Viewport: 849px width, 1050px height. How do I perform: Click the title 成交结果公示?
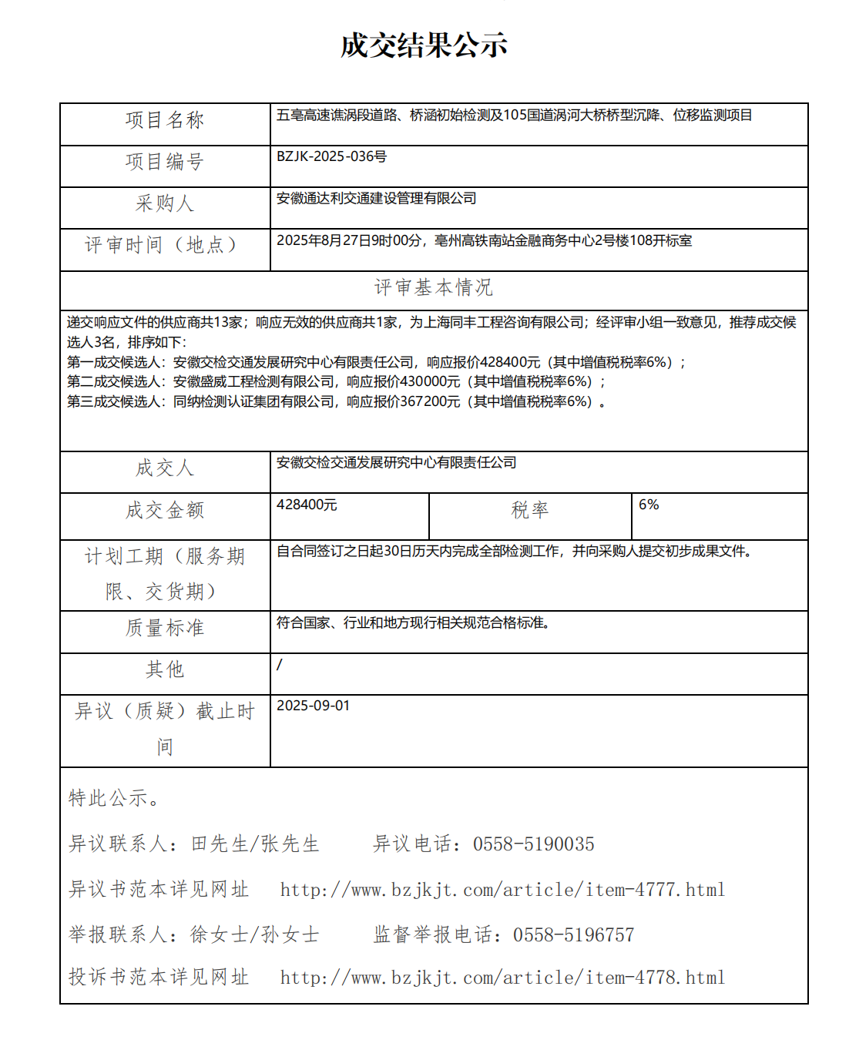[x=424, y=45]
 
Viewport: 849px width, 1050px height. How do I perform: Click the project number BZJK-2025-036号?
[x=331, y=156]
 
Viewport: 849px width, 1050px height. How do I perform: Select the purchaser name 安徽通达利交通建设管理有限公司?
[x=376, y=198]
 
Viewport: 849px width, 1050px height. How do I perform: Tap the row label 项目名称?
[x=165, y=120]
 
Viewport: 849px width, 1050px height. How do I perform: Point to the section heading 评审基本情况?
[x=433, y=287]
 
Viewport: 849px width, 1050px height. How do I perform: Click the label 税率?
[x=530, y=510]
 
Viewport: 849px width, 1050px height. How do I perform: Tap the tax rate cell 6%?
[x=649, y=505]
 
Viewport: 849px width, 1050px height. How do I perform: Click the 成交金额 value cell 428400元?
[x=307, y=505]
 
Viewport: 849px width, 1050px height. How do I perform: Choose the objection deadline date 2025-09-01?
[x=313, y=706]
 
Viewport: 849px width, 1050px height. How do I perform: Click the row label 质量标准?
[x=165, y=628]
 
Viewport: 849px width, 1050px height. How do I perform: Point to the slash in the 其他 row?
[x=280, y=664]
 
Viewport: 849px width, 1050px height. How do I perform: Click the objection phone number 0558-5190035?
[x=533, y=844]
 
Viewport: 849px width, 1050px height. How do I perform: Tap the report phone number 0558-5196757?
[x=573, y=935]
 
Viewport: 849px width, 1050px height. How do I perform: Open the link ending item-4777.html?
[x=502, y=891]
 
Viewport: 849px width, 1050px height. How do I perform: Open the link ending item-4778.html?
[x=502, y=978]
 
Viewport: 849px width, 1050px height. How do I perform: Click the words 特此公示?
[x=109, y=798]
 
